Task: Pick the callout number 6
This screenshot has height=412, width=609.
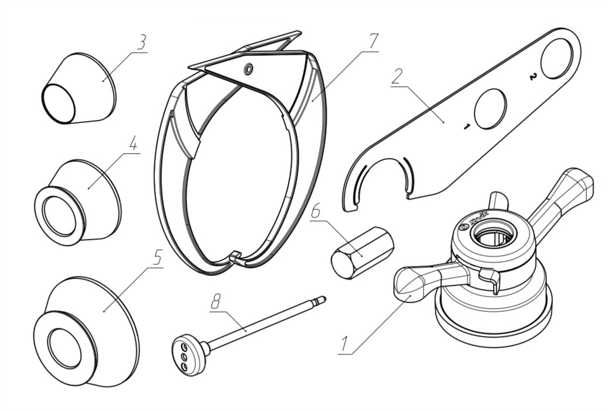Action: [316, 211]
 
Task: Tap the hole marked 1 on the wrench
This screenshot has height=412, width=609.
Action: [490, 109]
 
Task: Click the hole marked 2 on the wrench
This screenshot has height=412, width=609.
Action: [556, 59]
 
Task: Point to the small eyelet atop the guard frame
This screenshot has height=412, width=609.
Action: [249, 69]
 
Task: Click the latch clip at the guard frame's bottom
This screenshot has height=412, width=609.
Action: [235, 256]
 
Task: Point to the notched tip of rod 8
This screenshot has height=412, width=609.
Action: [321, 300]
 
